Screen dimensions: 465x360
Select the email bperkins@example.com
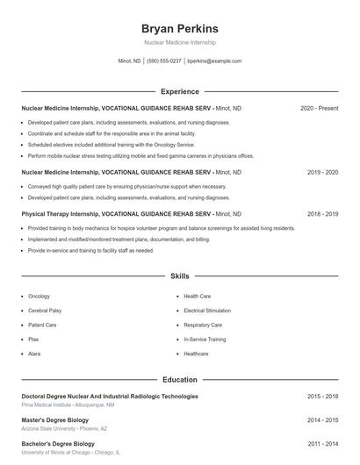point(214,61)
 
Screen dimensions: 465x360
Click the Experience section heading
point(179,91)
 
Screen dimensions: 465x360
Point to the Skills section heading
point(179,275)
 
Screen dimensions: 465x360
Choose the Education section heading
point(179,380)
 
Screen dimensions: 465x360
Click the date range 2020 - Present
point(319,108)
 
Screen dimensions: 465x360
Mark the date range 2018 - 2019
point(322,213)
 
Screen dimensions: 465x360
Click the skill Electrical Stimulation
point(207,311)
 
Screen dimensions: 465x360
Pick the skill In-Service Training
point(205,339)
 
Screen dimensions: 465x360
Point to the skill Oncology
point(39,297)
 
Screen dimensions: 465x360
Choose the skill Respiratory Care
point(203,325)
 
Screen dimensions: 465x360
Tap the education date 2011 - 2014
point(322,445)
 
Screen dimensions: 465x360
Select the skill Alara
point(34,354)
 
